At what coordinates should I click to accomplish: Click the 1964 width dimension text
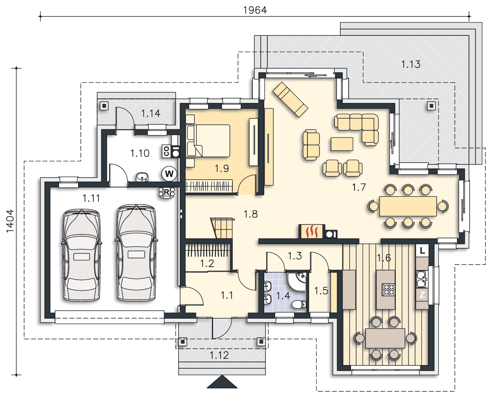[255, 10]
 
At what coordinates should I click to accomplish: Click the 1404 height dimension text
[10, 221]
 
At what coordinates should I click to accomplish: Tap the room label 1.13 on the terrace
[411, 64]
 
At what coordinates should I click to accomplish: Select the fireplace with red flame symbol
[312, 231]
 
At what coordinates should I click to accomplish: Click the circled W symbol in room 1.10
[169, 174]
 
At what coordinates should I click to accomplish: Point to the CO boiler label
[166, 151]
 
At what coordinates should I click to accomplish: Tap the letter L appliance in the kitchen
[422, 251]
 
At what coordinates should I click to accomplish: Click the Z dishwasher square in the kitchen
[422, 295]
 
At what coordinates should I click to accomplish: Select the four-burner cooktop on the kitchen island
[388, 290]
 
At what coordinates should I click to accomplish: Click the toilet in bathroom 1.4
[299, 304]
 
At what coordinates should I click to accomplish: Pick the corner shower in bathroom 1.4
[297, 282]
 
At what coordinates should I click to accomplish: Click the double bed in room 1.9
[208, 141]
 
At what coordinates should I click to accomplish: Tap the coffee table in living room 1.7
[342, 144]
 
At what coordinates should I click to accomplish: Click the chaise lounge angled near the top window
[290, 100]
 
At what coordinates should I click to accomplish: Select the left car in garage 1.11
[81, 255]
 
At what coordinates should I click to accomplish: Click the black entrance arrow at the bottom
[222, 382]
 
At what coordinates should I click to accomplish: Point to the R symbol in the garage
[167, 192]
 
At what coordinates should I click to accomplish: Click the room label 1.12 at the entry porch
[219, 355]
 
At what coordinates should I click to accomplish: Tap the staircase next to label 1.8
[223, 228]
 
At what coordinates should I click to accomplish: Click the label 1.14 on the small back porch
[151, 113]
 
